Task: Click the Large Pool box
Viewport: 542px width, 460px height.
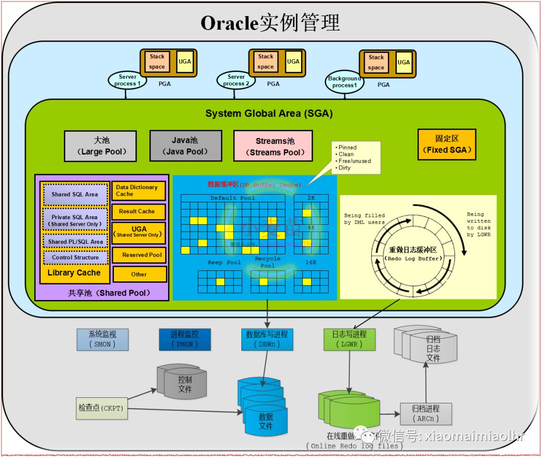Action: pyautogui.click(x=100, y=146)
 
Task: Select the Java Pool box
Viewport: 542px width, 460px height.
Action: pyautogui.click(x=186, y=146)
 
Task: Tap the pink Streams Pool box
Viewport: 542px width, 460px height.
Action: pyautogui.click(x=273, y=146)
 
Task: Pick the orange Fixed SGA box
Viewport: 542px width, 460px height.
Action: pyautogui.click(x=447, y=144)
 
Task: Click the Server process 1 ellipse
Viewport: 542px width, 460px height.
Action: pyautogui.click(x=127, y=80)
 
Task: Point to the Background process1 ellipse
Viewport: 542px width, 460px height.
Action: pyautogui.click(x=344, y=82)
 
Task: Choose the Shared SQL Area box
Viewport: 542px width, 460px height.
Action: pyautogui.click(x=75, y=195)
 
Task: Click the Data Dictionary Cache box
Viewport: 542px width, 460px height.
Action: pyautogui.click(x=139, y=191)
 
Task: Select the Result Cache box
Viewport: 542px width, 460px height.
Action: pyautogui.click(x=139, y=212)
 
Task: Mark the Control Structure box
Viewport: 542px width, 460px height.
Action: pyautogui.click(x=75, y=257)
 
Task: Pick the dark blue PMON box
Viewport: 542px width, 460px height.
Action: pyautogui.click(x=185, y=339)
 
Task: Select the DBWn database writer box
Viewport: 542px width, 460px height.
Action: pyautogui.click(x=266, y=339)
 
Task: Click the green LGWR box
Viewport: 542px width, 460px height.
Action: pyautogui.click(x=349, y=339)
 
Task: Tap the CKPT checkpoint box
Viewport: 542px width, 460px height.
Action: pyautogui.click(x=102, y=408)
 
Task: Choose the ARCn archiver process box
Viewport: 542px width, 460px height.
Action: pyautogui.click(x=426, y=414)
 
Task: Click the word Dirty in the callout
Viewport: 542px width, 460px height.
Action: pyautogui.click(x=345, y=168)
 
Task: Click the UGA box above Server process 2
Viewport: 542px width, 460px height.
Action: pyautogui.click(x=293, y=62)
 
